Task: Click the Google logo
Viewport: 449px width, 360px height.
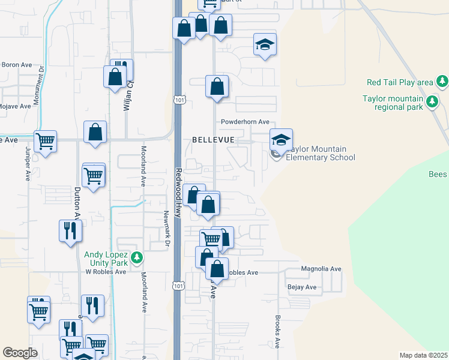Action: coord(20,353)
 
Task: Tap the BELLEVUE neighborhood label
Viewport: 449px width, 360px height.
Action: coord(212,139)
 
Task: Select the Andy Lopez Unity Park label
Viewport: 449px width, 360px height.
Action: coord(106,258)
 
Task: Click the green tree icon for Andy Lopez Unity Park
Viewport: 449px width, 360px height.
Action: coord(137,257)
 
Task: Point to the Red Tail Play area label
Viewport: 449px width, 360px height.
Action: coord(400,82)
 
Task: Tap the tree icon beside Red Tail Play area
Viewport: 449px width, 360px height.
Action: coord(442,80)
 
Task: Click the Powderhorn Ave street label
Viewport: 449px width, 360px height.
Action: coord(245,121)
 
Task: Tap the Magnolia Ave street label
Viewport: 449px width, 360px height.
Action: coord(321,269)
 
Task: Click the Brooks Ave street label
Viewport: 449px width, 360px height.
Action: coord(278,332)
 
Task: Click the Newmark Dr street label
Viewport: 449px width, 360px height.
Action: coord(166,229)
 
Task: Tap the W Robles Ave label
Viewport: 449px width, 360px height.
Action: coord(105,271)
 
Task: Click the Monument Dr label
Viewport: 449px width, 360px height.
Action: coord(36,85)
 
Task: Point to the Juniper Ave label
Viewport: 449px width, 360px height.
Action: coord(28,165)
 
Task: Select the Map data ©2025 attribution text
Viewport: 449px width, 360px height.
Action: coord(423,355)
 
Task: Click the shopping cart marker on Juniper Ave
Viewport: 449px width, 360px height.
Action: coord(45,142)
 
